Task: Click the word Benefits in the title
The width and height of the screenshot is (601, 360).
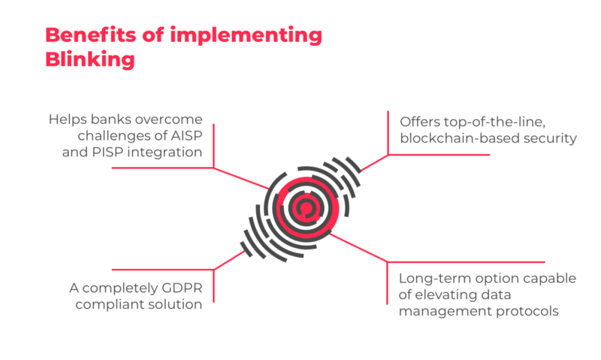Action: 91,35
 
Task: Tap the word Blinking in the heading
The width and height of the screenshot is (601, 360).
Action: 90,59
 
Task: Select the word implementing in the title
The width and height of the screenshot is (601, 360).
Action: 246,35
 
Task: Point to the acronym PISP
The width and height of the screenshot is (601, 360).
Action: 107,153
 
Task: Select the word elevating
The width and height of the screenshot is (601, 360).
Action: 445,295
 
